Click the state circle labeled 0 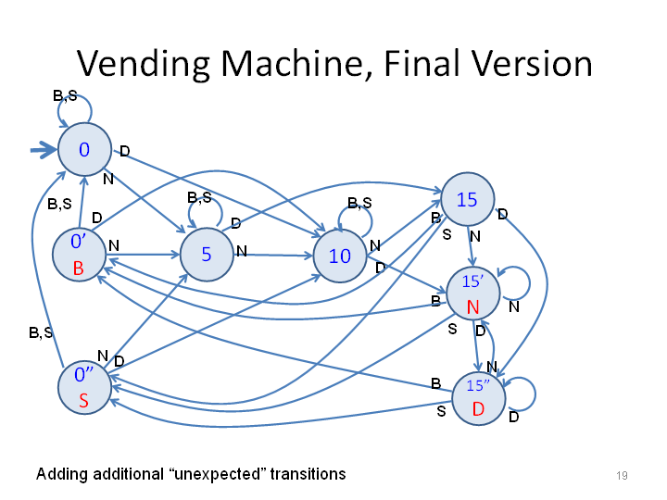[84, 149]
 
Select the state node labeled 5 [207, 255]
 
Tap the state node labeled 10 [340, 256]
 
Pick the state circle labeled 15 [468, 199]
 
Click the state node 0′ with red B [79, 255]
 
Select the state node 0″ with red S [84, 387]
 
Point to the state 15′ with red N [473, 294]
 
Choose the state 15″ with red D [479, 398]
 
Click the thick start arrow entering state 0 [44, 150]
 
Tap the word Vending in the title [144, 64]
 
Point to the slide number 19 [622, 475]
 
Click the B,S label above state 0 [65, 96]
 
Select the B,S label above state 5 [199, 197]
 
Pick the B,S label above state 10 [359, 203]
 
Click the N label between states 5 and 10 [242, 251]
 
